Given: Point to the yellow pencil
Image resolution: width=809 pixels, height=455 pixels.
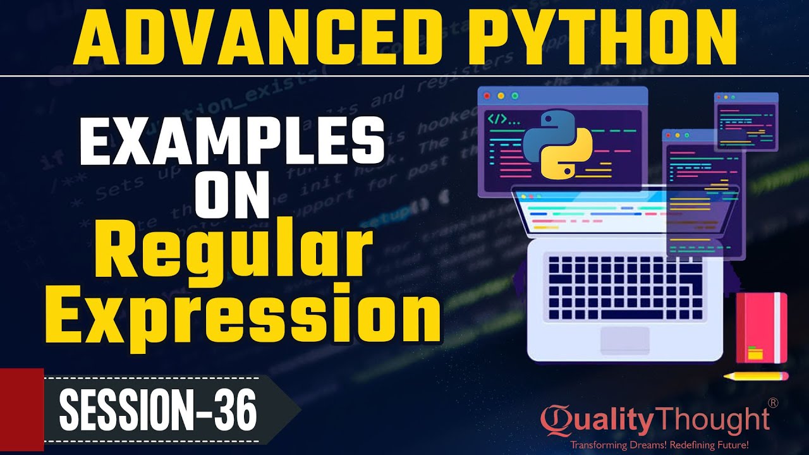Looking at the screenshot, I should [756, 376].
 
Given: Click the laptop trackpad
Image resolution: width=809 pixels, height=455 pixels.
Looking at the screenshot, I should [624, 340].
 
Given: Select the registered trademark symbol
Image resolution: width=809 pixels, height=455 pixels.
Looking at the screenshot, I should [772, 403].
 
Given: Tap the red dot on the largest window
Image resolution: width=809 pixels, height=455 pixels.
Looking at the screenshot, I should [487, 96].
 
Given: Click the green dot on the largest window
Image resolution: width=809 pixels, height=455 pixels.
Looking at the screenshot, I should [514, 96].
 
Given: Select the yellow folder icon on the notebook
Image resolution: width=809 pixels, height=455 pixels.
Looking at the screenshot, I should [755, 353].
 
